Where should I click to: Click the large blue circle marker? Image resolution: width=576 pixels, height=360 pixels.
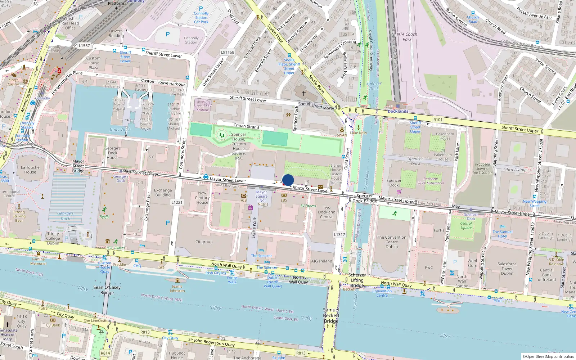pos(288,180)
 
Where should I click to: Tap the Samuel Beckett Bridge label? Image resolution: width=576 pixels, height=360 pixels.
pos(331,315)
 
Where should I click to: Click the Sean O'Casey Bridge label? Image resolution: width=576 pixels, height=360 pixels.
pos(107,290)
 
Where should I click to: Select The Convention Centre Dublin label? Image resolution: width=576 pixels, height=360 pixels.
pos(392,242)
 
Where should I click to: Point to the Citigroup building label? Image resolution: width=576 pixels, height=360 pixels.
pos(204,242)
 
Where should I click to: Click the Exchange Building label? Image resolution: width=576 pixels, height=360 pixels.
pos(163,193)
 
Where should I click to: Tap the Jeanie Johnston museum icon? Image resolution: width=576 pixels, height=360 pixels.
pos(177,280)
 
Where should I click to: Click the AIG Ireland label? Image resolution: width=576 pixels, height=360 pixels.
pos(321,261)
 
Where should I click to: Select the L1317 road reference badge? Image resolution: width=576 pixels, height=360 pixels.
pos(339,234)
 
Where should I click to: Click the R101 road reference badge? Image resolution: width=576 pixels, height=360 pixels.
pos(438,120)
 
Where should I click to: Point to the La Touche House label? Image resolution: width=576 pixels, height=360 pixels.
pos(30,170)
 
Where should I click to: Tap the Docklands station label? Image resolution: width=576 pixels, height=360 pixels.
pos(398,111)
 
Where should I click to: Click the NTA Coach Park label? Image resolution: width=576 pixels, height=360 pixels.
pos(407,37)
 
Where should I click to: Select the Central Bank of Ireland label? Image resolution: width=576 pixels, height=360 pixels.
pos(547,275)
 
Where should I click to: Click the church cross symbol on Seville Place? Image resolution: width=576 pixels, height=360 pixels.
pos(303,94)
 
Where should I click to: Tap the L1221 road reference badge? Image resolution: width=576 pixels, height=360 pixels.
pos(177,202)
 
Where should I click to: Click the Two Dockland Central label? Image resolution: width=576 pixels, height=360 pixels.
pos(327,212)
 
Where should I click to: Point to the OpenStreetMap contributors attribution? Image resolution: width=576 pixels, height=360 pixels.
pos(548,356)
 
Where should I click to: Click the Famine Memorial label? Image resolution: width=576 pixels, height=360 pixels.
pos(39,261)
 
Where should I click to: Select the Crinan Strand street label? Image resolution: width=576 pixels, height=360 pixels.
pos(246,126)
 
